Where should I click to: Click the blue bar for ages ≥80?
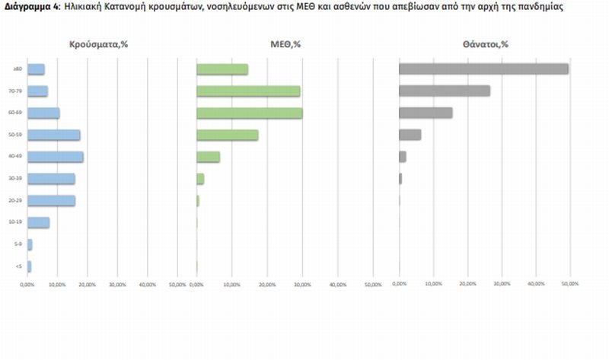(36, 69)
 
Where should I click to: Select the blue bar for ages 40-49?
(56, 157)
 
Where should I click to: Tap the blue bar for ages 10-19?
(38, 222)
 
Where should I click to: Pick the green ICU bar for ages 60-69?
(250, 113)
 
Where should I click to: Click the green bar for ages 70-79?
(248, 91)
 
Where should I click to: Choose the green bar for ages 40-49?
(208, 157)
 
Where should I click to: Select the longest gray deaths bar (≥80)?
(483, 69)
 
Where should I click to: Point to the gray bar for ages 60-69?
(426, 113)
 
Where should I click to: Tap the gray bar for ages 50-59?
(410, 135)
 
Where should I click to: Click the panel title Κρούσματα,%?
(97, 44)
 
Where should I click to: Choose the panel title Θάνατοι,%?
(485, 44)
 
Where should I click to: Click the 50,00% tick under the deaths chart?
(569, 283)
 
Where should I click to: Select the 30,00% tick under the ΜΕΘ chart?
(302, 283)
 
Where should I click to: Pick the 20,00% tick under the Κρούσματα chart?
(88, 283)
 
